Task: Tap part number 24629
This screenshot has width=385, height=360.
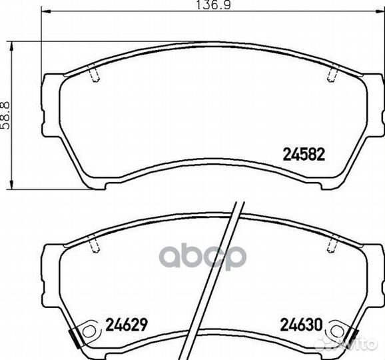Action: coord(126,327)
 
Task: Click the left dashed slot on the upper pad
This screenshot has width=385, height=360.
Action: coord(94,76)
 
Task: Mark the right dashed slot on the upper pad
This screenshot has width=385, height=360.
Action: coord(331,76)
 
